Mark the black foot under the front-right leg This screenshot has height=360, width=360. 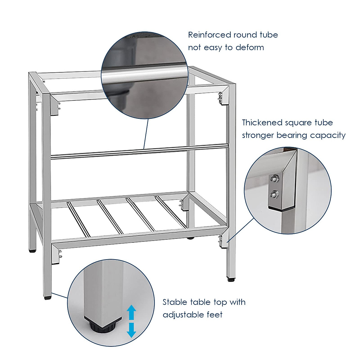(x=231, y=280)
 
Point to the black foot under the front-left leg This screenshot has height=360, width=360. (x=48, y=298)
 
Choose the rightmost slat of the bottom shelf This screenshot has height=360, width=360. (x=171, y=212)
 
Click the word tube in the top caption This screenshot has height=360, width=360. (x=269, y=35)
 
